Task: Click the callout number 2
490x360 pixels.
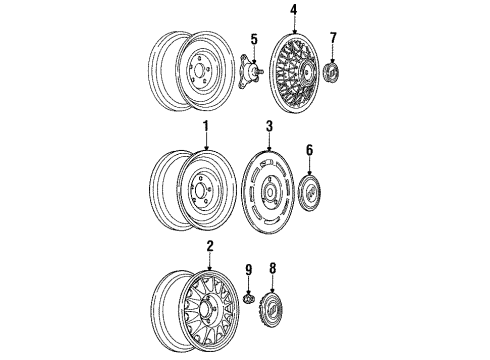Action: (x=209, y=246)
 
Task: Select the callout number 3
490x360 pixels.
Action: (x=269, y=128)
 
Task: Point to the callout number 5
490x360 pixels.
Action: (x=253, y=40)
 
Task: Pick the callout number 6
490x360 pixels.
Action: (x=310, y=149)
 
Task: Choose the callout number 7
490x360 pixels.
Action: (x=333, y=38)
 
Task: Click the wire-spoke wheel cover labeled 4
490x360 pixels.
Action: (x=292, y=71)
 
